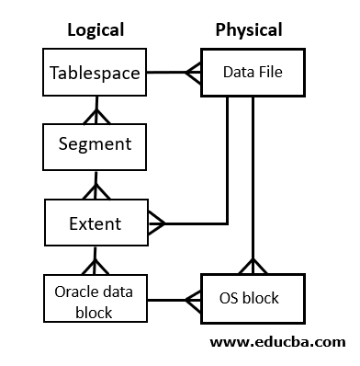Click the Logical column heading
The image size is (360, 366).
[96, 29]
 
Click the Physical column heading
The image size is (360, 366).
[248, 29]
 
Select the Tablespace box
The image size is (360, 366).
[96, 72]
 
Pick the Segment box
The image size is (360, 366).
[95, 143]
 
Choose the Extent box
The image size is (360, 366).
[95, 223]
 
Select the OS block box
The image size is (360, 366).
[249, 298]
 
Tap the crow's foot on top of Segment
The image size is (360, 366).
[93, 116]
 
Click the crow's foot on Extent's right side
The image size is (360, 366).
[155, 223]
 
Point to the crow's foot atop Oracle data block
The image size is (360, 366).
[93, 267]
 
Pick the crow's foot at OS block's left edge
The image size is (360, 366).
[194, 299]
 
